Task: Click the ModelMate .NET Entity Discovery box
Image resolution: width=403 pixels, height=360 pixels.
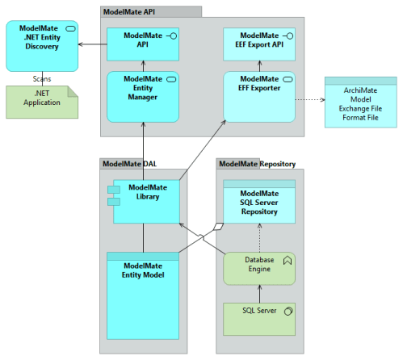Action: point(42,46)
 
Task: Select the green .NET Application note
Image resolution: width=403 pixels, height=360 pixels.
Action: point(42,102)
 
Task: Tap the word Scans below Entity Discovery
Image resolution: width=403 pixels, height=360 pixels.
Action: point(42,79)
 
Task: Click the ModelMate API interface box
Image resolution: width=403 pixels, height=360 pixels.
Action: point(142,45)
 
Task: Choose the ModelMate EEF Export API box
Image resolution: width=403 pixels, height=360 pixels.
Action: point(259,45)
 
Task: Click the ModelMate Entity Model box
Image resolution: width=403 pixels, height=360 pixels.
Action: point(142,295)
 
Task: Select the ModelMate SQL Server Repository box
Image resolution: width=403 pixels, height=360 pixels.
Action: point(259,202)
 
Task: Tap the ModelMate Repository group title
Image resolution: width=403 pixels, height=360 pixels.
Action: point(256,163)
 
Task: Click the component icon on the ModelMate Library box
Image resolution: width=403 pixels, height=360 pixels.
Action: point(114,195)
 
